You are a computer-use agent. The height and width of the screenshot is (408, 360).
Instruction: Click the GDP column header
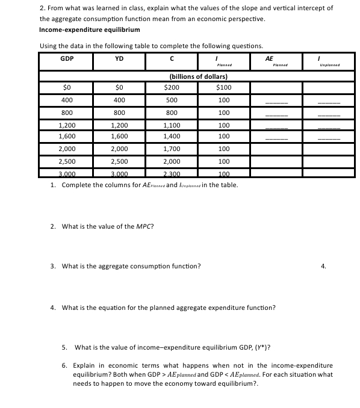(67, 58)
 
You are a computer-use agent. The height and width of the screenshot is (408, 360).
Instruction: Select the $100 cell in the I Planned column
(224, 87)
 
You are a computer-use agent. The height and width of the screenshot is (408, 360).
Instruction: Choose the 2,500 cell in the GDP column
(67, 162)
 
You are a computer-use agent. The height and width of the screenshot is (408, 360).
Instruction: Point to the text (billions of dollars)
(198, 76)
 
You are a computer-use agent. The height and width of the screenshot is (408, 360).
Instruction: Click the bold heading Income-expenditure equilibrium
(89, 29)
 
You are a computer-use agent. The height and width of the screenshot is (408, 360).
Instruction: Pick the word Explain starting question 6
(84, 365)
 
